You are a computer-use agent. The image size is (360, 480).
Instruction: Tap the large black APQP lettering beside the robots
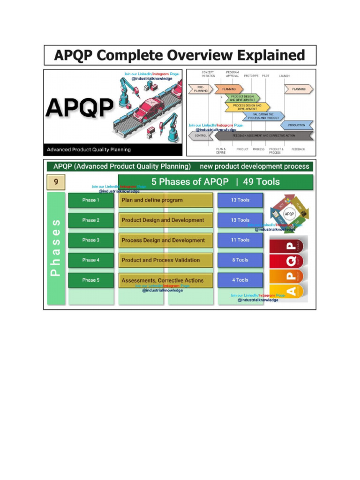[x=79, y=109]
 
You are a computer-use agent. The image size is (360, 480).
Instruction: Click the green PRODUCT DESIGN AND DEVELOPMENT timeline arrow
[x=242, y=98]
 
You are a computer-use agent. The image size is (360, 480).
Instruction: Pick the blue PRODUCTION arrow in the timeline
[x=297, y=125]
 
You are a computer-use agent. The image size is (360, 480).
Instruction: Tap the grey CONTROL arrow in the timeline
[x=201, y=135]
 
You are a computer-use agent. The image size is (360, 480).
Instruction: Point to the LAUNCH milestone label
[x=285, y=75]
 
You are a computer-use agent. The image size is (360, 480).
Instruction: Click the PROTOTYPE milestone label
[x=251, y=75]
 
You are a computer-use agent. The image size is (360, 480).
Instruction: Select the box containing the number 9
[x=56, y=181]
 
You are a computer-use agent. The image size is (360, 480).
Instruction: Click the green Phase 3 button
[x=91, y=240]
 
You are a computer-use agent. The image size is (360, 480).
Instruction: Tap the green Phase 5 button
[x=91, y=280]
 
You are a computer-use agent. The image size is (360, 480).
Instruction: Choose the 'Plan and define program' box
[x=166, y=200]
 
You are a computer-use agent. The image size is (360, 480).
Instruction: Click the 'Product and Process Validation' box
[x=166, y=260]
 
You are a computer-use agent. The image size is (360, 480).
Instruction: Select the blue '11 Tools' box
[x=240, y=240]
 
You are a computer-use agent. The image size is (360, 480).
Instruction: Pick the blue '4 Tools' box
[x=240, y=280]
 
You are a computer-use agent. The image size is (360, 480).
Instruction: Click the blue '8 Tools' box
[x=240, y=260]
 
